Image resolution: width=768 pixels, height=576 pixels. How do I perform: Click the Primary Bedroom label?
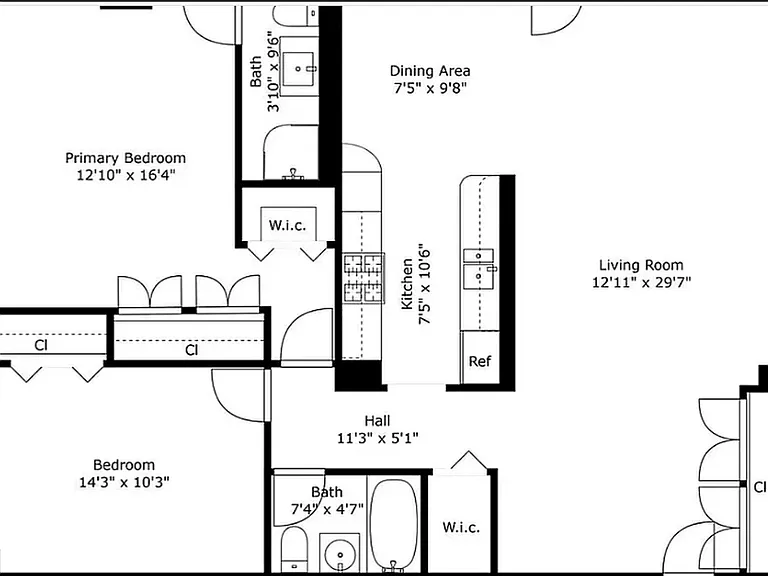125,158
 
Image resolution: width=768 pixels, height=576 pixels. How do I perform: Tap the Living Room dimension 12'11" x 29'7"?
641,283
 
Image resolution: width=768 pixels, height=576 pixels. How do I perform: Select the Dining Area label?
430,71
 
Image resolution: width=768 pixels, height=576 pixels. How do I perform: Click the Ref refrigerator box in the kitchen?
480,361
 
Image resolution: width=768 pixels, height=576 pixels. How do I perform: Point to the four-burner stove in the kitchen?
363,278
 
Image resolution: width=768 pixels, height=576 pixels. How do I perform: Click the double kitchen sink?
480,269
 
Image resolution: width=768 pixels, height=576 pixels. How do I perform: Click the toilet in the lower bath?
294,549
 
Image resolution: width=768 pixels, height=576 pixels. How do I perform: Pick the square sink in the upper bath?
298,69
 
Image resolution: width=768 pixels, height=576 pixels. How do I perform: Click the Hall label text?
377,421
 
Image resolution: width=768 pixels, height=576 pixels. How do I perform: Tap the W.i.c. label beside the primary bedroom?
288,226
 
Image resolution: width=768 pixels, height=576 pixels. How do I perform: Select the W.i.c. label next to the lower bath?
461,528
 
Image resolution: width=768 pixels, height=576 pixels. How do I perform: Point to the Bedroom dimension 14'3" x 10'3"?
124,482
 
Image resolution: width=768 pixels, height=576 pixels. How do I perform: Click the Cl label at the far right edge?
760,487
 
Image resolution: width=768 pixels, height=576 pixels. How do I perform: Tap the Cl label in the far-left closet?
41,345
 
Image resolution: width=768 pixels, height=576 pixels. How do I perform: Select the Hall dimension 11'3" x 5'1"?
378,437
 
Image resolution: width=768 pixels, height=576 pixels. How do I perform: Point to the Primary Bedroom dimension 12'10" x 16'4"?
125,175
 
